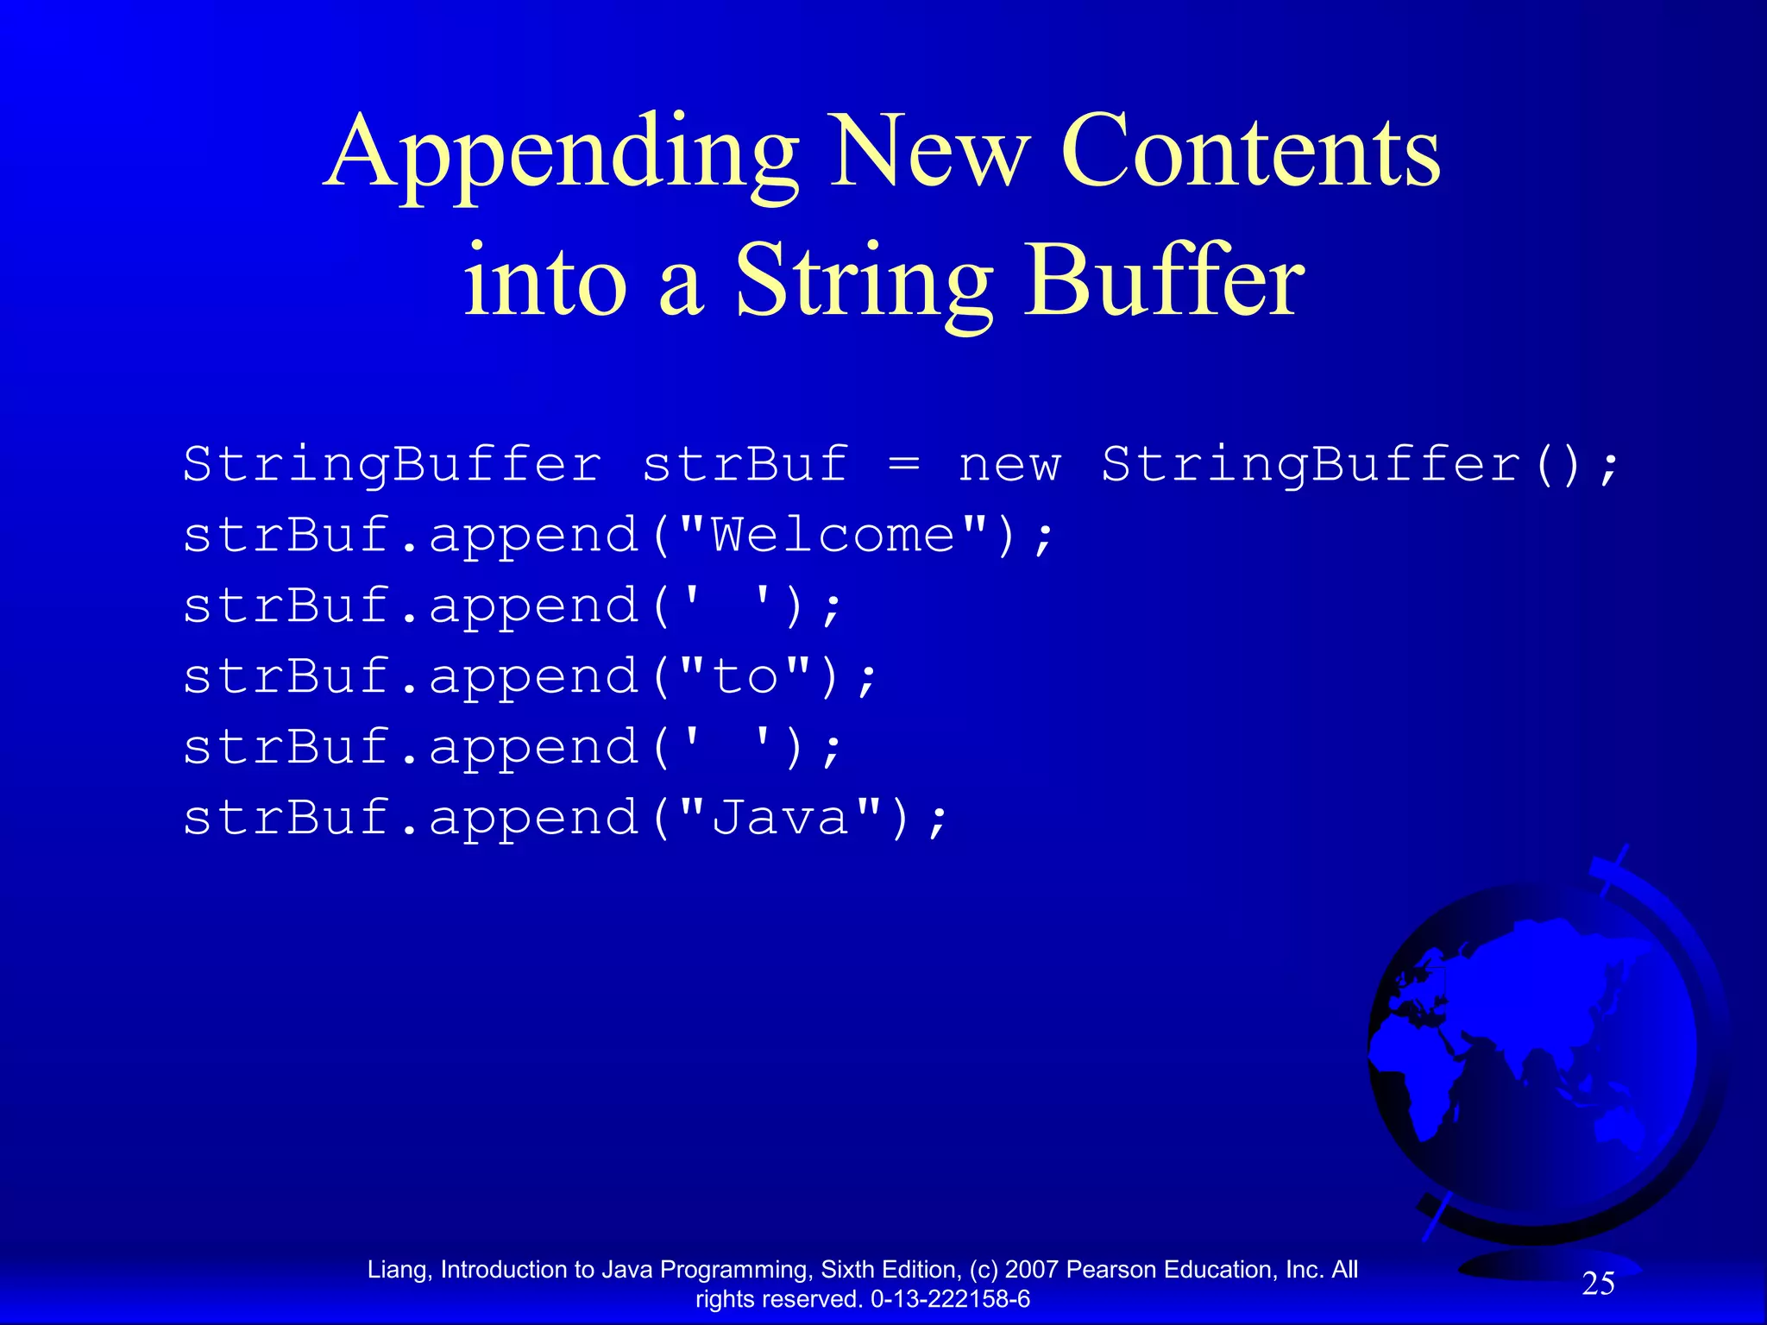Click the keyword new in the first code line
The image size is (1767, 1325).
[1009, 466]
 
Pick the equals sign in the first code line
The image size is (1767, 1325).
[903, 467]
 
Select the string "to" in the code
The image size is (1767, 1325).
[747, 677]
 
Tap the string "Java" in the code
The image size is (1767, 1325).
[782, 818]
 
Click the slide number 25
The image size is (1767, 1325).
[1598, 1284]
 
